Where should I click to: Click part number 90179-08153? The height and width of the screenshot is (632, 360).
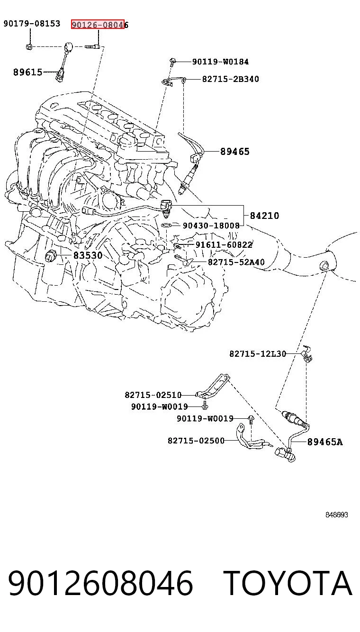tap(32, 23)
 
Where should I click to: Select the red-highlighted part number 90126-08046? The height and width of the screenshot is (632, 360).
tap(100, 25)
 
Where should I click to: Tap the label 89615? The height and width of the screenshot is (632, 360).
tap(27, 72)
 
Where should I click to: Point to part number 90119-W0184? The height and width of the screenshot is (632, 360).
tap(220, 62)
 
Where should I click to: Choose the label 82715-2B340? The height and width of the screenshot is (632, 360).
tap(231, 79)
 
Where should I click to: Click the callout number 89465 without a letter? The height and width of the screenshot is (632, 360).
tap(235, 152)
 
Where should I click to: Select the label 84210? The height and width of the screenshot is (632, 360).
tap(264, 216)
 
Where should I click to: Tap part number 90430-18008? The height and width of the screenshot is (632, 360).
tap(211, 226)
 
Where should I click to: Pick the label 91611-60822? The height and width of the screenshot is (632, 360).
tap(224, 244)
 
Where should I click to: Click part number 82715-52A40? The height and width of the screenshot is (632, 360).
tap(236, 262)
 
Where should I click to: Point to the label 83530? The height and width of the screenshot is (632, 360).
tap(88, 256)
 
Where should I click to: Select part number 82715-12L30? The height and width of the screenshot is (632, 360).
tap(258, 354)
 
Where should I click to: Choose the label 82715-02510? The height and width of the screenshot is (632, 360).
tap(153, 395)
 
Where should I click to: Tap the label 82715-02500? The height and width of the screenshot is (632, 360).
tap(196, 441)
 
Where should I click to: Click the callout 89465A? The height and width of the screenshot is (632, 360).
tap(325, 442)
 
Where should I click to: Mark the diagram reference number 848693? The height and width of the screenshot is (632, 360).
tap(337, 515)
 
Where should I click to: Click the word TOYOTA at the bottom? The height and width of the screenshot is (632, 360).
tap(288, 583)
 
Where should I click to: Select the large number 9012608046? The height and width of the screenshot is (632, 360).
tap(101, 583)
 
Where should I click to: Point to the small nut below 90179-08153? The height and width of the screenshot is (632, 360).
tap(29, 46)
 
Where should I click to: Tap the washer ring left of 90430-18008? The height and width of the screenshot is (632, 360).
tap(166, 225)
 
